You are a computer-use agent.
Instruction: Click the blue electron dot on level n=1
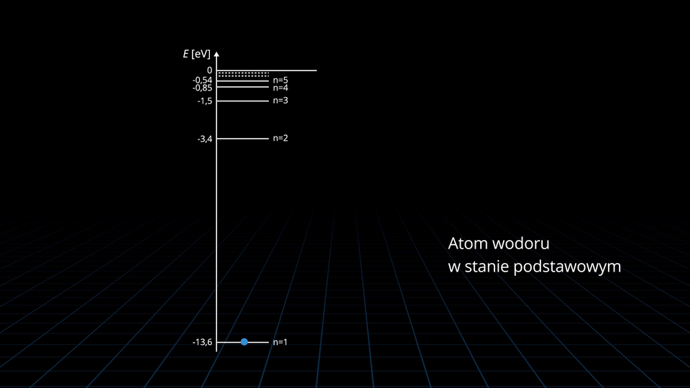tap(244, 342)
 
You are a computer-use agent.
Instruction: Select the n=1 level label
tap(280, 342)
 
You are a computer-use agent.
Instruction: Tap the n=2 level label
tap(280, 138)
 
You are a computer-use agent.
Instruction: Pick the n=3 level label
tap(280, 101)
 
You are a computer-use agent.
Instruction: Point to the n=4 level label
tap(280, 88)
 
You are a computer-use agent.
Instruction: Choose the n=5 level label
tap(280, 80)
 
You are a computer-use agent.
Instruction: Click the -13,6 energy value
tap(203, 343)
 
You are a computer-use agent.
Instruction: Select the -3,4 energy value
tap(205, 139)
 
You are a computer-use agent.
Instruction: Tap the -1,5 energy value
tap(205, 101)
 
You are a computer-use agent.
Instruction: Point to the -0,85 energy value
tap(202, 88)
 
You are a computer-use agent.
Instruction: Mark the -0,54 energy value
tap(202, 80)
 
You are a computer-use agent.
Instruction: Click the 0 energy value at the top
tap(209, 70)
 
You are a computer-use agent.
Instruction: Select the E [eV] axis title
tap(196, 55)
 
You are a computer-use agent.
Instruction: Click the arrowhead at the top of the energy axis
tap(217, 54)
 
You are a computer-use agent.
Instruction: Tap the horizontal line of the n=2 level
tap(243, 138)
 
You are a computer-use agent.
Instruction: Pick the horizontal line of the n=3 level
tap(243, 101)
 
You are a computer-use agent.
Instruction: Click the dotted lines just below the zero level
tap(243, 74)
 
